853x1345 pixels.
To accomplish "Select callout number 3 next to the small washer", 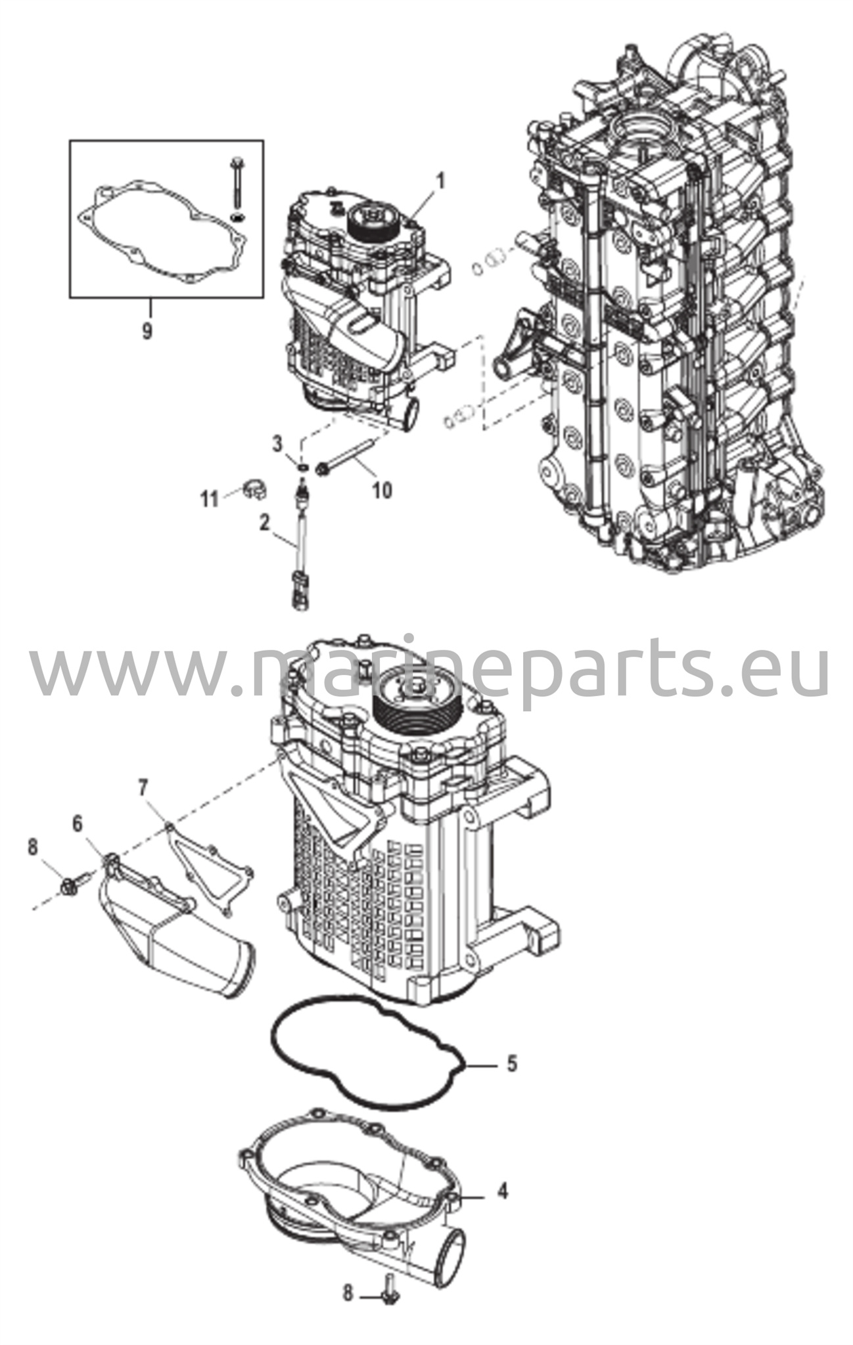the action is point(278,444).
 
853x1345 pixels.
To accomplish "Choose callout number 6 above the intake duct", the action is point(78,824).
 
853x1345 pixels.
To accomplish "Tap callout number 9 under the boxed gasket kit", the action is point(147,330).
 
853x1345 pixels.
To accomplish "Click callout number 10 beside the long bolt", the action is point(382,489).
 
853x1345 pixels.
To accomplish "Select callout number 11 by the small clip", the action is point(209,500).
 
